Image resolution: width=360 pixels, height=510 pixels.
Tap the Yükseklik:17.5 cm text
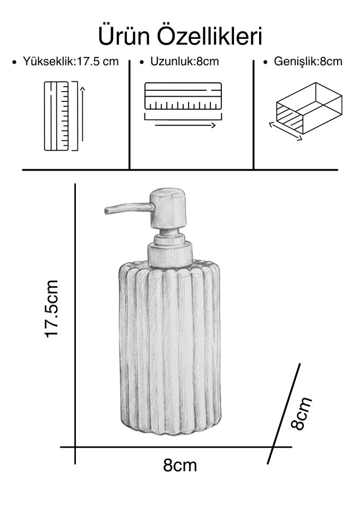pyautogui.click(x=71, y=62)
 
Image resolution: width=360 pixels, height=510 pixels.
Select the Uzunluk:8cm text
pyautogui.click(x=184, y=62)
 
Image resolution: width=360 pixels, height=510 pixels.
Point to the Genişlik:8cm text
pyautogui.click(x=308, y=62)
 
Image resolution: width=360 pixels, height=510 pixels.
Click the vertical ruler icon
pyautogui.click(x=56, y=116)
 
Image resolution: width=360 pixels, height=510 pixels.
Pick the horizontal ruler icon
pyautogui.click(x=183, y=96)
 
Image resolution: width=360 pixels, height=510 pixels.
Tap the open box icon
pyautogui.click(x=309, y=108)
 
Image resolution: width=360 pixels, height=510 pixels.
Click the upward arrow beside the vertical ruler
pyautogui.click(x=83, y=114)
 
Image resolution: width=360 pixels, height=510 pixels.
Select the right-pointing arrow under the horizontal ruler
pyautogui.click(x=185, y=125)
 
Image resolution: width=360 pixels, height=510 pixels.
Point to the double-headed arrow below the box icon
pyautogui.click(x=286, y=131)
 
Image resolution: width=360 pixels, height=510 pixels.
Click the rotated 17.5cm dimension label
pyautogui.click(x=52, y=309)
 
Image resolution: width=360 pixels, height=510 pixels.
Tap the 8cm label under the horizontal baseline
pyautogui.click(x=180, y=465)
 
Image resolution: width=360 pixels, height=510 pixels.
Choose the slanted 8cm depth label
pyautogui.click(x=301, y=413)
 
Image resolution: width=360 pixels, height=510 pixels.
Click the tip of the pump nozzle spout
pyautogui.click(x=106, y=211)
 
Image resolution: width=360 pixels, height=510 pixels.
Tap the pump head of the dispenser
pyautogui.click(x=168, y=208)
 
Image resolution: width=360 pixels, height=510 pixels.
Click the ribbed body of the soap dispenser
pyautogui.click(x=170, y=347)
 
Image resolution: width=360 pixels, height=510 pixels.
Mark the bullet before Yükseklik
pyautogui.click(x=14, y=62)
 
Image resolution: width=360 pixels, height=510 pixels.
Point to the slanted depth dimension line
pyautogui.click(x=283, y=413)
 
